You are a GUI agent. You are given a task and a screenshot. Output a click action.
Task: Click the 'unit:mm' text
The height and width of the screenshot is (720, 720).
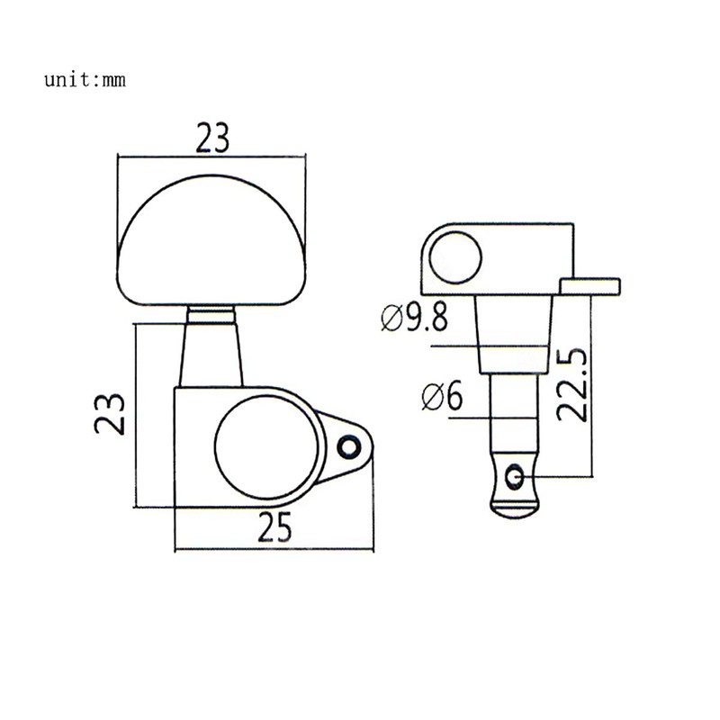pyautogui.click(x=85, y=79)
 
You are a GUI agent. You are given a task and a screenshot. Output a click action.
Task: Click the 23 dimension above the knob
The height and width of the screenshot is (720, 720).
pyautogui.click(x=213, y=138)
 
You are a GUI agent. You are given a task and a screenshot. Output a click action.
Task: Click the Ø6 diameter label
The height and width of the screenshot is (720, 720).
pyautogui.click(x=440, y=396)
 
